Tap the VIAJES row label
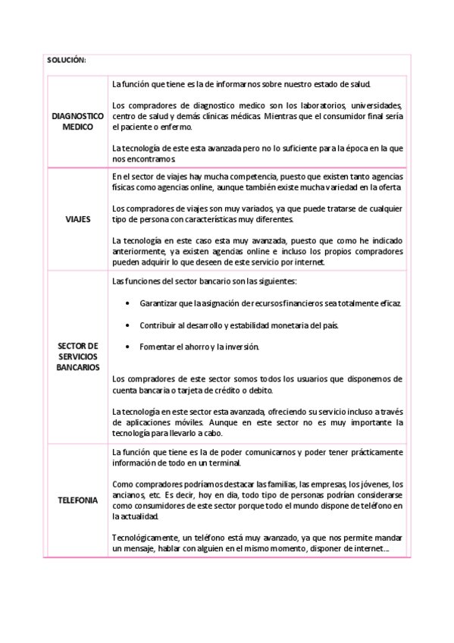pyautogui.click(x=77, y=219)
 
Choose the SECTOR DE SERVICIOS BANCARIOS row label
pyautogui.click(x=77, y=356)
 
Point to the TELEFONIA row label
pyautogui.click(x=77, y=500)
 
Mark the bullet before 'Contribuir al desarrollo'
pyautogui.click(x=127, y=325)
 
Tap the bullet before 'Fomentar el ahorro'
pyautogui.click(x=127, y=347)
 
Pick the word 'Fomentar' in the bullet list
pyautogui.click(x=157, y=347)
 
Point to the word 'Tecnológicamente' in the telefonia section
pyautogui.click(x=144, y=538)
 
